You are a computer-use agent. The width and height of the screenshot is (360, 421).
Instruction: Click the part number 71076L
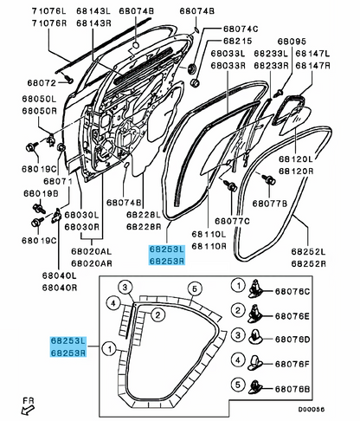[48, 11]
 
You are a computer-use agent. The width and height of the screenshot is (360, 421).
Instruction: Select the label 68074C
[241, 29]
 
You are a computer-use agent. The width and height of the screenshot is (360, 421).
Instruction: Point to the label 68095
[292, 42]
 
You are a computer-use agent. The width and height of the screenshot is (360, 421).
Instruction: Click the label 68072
[42, 83]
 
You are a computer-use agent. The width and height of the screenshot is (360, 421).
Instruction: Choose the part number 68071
[58, 181]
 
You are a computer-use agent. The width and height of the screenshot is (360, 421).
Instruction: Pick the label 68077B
[270, 204]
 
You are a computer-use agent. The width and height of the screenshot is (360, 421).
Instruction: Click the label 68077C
[232, 221]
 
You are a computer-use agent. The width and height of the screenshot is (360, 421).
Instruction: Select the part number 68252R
[308, 263]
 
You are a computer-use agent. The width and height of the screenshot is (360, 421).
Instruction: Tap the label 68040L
[60, 275]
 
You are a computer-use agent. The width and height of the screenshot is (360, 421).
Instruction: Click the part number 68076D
[292, 340]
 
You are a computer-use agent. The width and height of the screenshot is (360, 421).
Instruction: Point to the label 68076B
[292, 389]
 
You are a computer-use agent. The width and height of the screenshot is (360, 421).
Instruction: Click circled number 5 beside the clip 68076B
[238, 385]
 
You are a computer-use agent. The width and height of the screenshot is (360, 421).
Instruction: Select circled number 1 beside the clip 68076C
[238, 286]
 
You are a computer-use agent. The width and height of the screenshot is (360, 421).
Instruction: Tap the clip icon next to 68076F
[254, 363]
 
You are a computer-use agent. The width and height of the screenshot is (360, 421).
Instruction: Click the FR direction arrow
[28, 410]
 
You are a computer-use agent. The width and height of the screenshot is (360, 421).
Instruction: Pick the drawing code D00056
[312, 409]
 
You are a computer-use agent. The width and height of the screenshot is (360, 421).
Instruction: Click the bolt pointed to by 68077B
[269, 179]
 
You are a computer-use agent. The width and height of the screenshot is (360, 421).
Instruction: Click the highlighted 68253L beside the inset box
[68, 341]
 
